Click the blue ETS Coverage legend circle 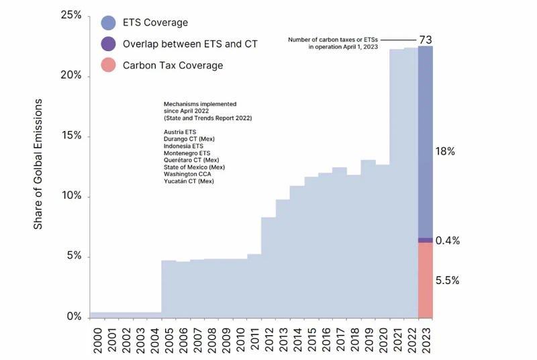click(108, 23)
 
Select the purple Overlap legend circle click(108, 44)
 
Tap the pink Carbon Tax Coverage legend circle click(108, 65)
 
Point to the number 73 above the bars click(425, 40)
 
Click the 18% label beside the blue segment click(446, 152)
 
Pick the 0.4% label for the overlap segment click(448, 240)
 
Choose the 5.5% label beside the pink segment click(448, 281)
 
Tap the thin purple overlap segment click(425, 240)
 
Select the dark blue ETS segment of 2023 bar click(425, 141)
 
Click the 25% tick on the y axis click(69, 15)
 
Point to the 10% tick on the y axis click(69, 196)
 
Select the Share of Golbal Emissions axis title click(38, 164)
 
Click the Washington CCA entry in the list click(187, 175)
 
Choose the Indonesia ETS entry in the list click(183, 146)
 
